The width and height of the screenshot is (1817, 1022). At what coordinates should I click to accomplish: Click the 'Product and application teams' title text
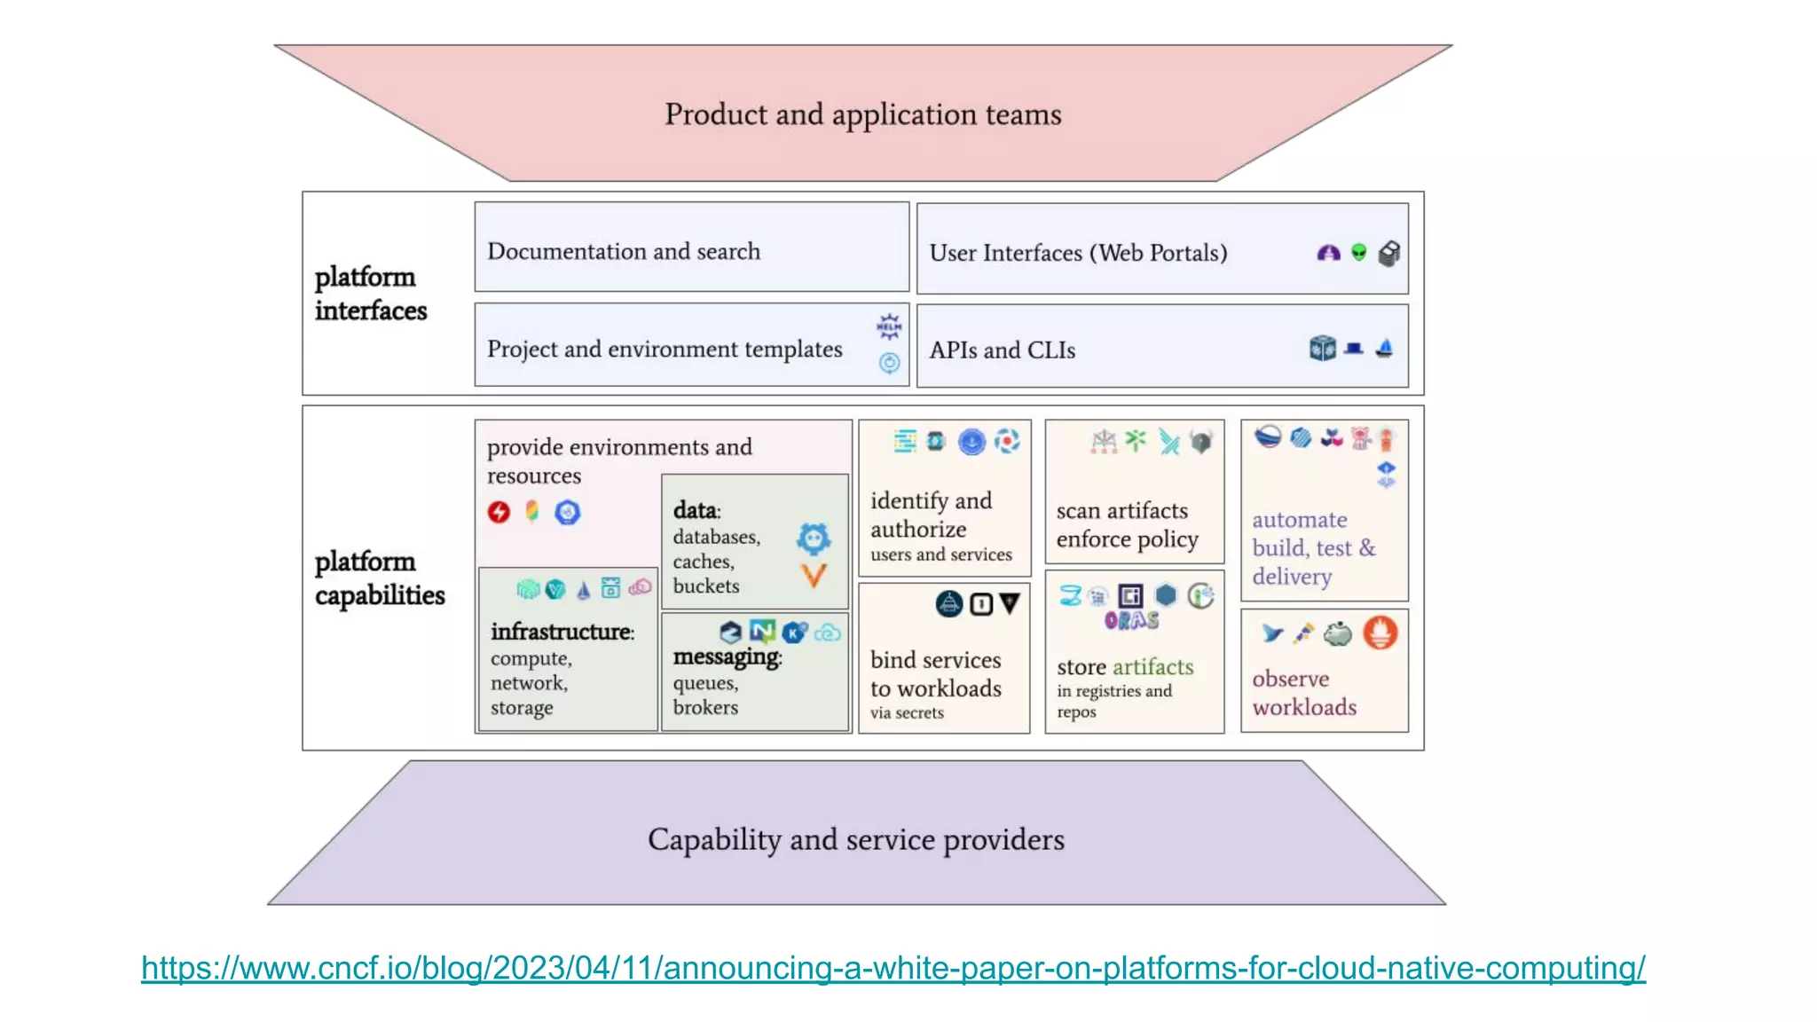[862, 114]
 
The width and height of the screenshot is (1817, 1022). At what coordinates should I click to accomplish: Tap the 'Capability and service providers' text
[855, 839]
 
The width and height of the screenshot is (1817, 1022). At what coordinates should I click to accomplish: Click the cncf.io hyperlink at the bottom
[893, 967]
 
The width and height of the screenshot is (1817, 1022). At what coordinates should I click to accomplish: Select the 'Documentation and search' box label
[623, 252]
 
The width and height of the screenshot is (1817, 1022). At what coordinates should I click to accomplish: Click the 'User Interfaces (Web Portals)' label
[1078, 254]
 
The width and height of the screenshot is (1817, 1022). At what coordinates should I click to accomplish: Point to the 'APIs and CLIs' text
[1002, 350]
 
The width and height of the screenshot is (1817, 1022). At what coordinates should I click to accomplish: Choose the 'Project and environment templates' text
[664, 350]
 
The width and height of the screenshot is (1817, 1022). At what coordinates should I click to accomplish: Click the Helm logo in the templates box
[889, 326]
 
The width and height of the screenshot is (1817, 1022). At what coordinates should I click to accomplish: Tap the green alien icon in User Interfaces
[1358, 253]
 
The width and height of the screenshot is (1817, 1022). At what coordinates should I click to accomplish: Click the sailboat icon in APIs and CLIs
[1384, 349]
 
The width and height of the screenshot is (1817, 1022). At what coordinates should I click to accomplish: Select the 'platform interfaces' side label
[370, 294]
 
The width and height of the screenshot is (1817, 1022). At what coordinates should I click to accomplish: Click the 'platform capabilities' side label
[379, 578]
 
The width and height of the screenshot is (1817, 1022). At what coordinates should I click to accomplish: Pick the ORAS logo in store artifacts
[1131, 620]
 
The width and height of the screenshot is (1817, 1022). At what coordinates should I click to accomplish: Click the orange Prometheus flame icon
[1380, 633]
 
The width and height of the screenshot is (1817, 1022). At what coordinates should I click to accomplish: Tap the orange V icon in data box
[814, 576]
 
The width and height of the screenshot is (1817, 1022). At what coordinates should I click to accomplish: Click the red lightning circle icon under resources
[499, 512]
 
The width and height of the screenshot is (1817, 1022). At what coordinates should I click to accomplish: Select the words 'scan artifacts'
[1121, 511]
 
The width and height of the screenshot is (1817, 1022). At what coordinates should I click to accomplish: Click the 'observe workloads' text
[1303, 693]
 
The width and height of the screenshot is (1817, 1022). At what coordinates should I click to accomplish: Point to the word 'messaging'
[726, 656]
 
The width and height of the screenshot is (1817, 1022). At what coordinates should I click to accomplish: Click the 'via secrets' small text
[906, 713]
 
